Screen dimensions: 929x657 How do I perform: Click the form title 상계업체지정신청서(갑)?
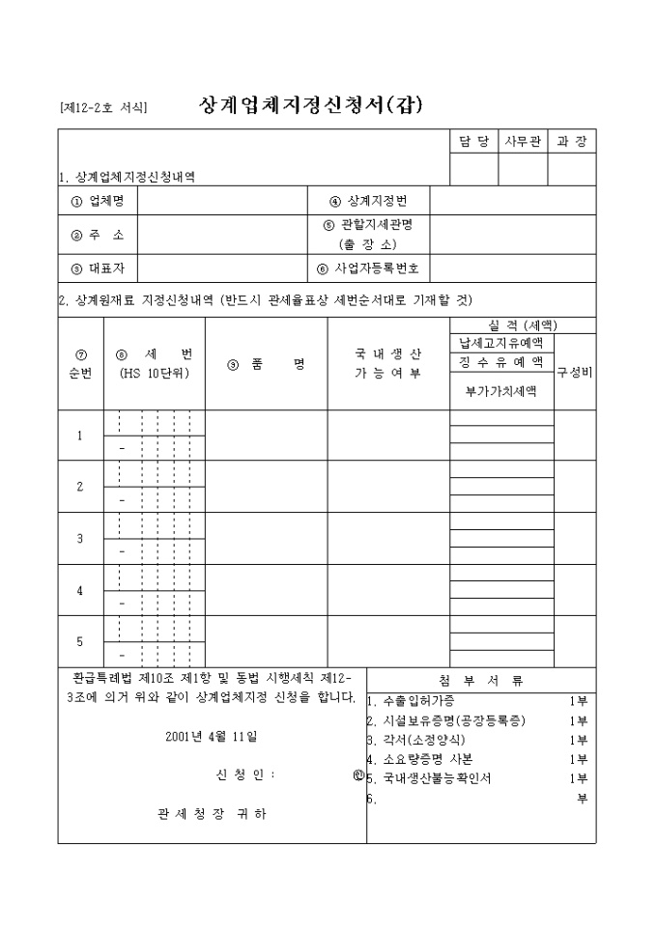311,104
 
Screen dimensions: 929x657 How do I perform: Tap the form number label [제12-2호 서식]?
102,107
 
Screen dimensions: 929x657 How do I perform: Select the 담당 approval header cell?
474,142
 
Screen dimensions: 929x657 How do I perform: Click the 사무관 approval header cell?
523,142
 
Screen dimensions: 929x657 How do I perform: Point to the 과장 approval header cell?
572,142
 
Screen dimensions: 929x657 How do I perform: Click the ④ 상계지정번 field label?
368,201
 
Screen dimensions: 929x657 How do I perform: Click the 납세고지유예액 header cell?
501,343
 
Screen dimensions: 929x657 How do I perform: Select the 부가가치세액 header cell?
501,391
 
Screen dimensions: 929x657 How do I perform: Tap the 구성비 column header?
575,372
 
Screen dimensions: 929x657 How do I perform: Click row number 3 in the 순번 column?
80,538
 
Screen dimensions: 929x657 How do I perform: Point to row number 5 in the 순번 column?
80,641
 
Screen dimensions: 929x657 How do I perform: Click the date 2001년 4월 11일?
212,736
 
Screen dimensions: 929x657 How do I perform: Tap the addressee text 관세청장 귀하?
212,813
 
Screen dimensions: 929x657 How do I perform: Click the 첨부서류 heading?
480,680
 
